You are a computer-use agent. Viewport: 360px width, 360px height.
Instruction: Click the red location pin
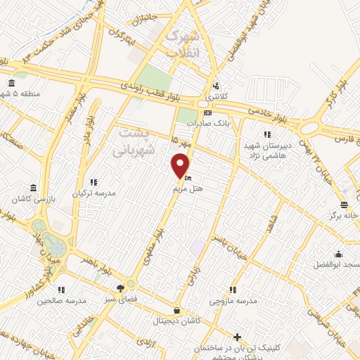(181, 165)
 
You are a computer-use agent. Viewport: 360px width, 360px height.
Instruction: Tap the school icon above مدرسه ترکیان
(94, 182)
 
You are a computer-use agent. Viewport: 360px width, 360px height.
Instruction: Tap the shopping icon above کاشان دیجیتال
(176, 310)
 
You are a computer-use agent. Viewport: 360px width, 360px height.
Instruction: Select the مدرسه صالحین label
(64, 300)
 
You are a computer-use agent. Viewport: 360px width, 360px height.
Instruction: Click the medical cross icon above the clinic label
(238, 337)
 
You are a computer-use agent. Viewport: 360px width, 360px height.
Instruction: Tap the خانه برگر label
(342, 215)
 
